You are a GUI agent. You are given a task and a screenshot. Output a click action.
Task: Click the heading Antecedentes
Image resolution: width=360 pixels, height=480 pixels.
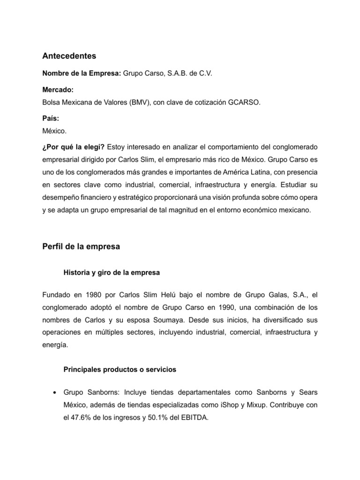coord(69,56)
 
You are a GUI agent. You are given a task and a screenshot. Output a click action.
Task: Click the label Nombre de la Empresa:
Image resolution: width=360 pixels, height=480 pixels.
coord(82,74)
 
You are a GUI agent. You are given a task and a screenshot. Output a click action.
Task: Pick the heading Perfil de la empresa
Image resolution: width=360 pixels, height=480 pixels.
coord(81,247)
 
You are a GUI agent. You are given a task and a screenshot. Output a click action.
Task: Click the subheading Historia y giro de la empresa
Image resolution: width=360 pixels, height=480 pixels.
coord(112,272)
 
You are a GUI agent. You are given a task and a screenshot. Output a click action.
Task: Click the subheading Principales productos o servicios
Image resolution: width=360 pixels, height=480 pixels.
coord(120,369)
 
